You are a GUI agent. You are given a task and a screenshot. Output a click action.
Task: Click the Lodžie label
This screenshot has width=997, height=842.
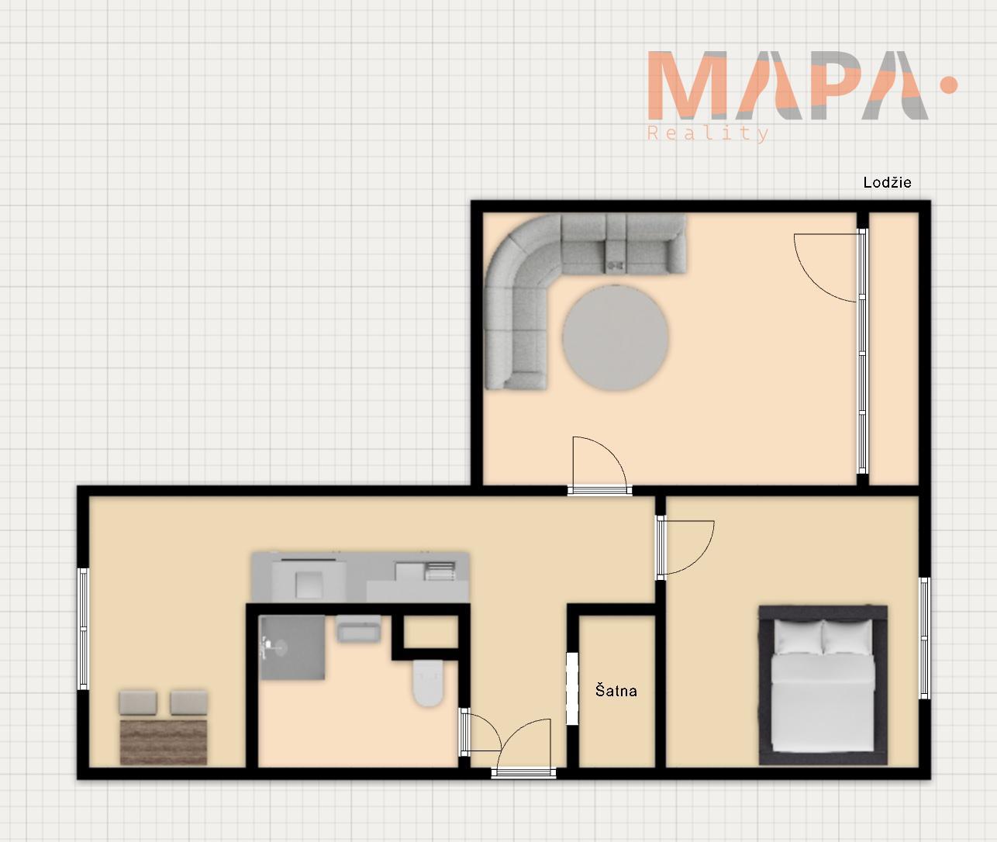pos(887,182)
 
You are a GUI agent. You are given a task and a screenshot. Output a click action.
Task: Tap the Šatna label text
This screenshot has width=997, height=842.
pos(616,691)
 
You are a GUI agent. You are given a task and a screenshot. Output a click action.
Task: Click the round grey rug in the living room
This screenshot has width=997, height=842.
pos(615,338)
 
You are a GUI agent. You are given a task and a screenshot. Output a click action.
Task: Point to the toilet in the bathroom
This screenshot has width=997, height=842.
pos(428,683)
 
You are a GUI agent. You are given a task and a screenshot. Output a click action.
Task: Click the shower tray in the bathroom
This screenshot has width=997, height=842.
pos(292,647)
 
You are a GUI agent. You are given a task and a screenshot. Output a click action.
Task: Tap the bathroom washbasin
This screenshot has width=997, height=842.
pos(359,629)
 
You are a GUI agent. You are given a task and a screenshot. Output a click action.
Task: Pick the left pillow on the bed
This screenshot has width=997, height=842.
pos(798,637)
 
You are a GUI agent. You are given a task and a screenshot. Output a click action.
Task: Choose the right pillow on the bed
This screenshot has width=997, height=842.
pos(848,637)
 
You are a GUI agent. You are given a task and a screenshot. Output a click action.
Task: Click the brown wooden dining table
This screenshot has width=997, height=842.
pos(164,743)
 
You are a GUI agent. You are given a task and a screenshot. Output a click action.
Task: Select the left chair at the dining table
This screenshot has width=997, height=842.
pos(138,702)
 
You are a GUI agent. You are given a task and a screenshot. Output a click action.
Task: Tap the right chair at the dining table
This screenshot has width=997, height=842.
pos(188,702)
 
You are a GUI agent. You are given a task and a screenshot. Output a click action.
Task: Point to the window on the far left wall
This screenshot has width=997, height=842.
pos(83,629)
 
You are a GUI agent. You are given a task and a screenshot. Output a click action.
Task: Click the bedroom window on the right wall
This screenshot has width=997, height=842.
pos(924,638)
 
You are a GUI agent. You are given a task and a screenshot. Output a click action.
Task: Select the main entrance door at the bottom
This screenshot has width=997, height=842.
pos(523,772)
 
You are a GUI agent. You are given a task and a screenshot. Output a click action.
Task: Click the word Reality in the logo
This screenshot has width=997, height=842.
pos(708,133)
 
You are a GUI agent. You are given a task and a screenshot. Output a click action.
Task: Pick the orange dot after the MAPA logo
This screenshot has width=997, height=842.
pos(948,85)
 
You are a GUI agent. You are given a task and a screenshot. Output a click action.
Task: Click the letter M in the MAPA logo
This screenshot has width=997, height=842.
pos(685,85)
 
